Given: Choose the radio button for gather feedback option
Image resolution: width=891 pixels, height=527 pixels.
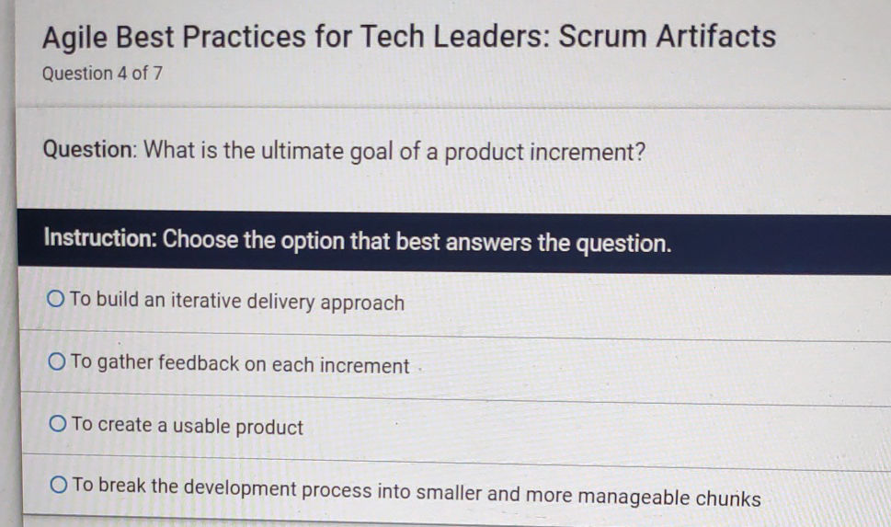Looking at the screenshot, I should pyautogui.click(x=57, y=362).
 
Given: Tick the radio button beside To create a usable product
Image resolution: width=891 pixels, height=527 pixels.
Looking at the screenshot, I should pyautogui.click(x=58, y=425).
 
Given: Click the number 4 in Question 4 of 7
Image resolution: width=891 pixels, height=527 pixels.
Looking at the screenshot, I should pyautogui.click(x=121, y=74).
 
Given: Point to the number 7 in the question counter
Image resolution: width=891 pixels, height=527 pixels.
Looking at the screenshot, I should pyautogui.click(x=157, y=74).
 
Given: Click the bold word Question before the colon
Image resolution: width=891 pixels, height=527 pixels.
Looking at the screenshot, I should pyautogui.click(x=88, y=149).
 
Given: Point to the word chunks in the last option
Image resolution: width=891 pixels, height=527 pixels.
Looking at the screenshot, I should pyautogui.click(x=727, y=498).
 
